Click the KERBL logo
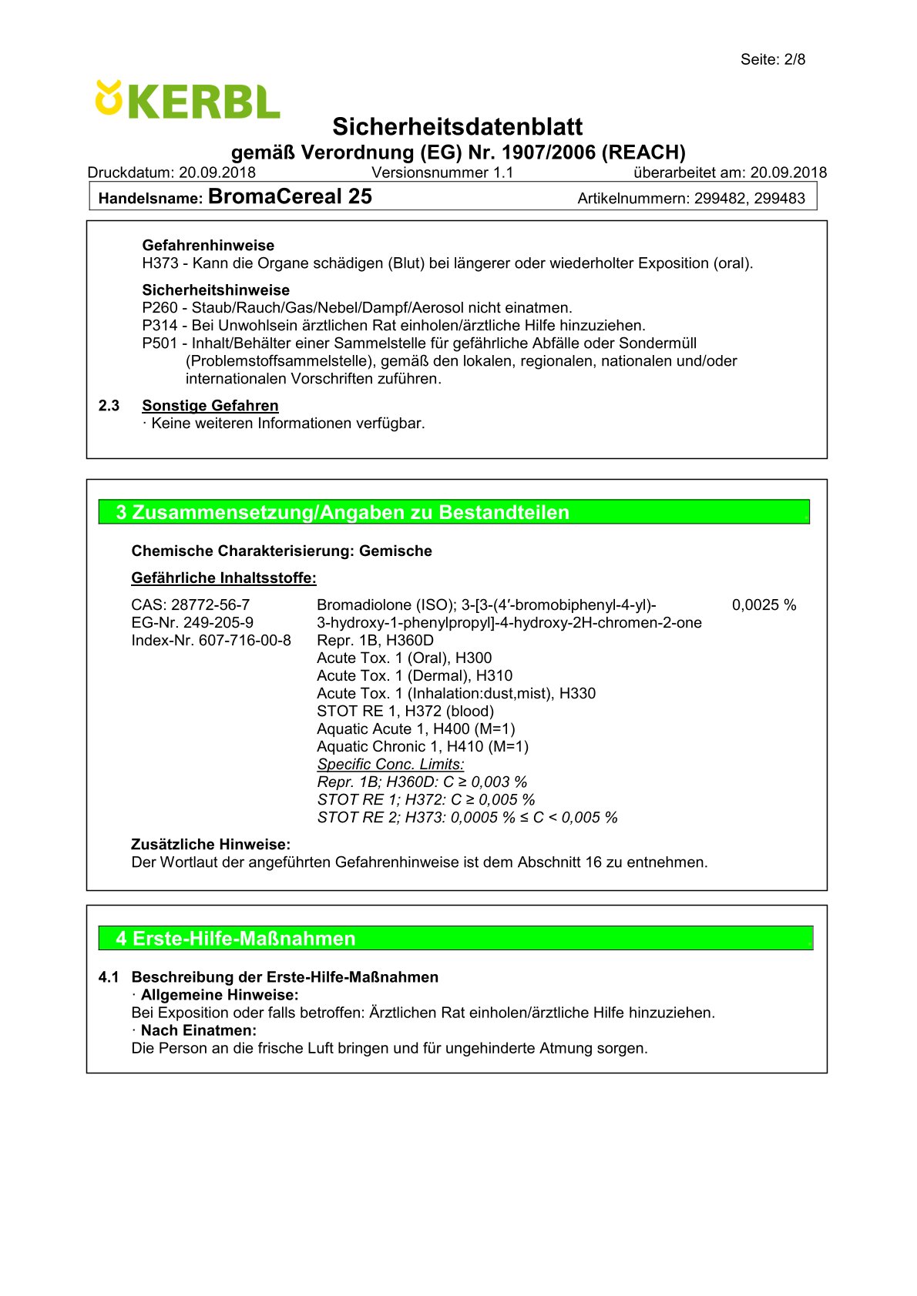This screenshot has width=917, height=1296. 187,100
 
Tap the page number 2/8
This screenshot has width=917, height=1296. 794,59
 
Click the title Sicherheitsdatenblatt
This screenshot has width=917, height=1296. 458,126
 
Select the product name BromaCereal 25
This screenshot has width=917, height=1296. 290,196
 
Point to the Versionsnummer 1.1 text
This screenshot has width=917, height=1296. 442,172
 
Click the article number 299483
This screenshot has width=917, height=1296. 779,198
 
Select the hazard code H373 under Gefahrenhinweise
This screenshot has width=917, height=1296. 160,263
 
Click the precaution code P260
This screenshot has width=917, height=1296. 160,308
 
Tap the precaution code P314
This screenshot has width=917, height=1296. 160,326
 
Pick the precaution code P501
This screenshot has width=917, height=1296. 160,343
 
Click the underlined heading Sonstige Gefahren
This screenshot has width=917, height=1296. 210,406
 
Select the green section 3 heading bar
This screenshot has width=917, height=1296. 454,512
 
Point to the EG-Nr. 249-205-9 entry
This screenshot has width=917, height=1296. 192,623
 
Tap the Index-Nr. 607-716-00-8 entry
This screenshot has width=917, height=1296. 211,641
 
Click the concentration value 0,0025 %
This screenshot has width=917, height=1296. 764,605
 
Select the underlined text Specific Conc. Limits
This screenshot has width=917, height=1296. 391,765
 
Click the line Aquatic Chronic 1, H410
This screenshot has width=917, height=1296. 422,747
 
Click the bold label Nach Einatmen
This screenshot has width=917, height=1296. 198,1030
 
